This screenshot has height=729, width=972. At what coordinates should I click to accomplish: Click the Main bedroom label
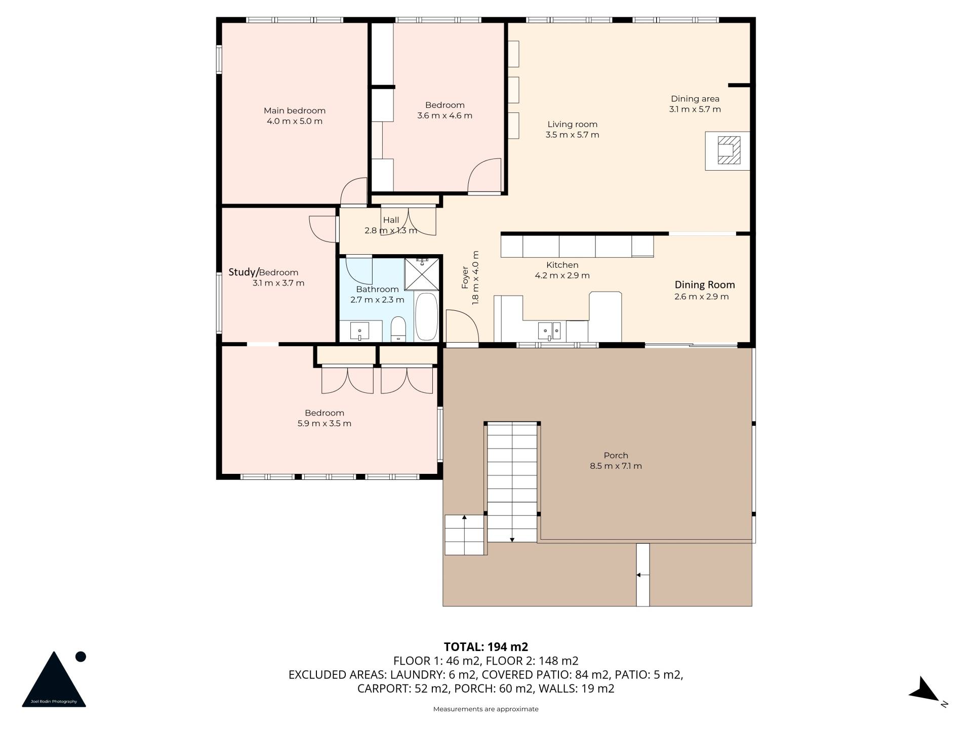294,111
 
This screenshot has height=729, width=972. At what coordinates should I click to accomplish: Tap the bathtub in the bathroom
426,316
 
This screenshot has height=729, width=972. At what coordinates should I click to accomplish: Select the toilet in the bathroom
398,329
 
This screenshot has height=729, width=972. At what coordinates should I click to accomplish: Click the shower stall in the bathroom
422,274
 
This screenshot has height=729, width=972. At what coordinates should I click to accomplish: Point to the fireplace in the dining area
728,151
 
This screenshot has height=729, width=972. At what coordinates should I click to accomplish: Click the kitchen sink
549,331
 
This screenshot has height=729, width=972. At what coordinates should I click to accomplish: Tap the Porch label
616,456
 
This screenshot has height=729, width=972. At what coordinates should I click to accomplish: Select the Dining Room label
704,285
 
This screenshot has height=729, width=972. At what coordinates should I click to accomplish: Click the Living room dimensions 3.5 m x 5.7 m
572,135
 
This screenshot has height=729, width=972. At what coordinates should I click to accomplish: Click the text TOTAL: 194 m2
485,646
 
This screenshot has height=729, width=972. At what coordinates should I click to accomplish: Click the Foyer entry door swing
462,327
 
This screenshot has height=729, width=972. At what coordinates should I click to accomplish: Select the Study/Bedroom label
263,272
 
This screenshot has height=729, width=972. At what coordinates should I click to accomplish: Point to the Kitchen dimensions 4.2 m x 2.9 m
562,276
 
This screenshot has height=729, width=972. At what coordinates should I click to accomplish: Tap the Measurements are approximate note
485,709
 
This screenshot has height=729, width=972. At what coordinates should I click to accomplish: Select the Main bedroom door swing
353,192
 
